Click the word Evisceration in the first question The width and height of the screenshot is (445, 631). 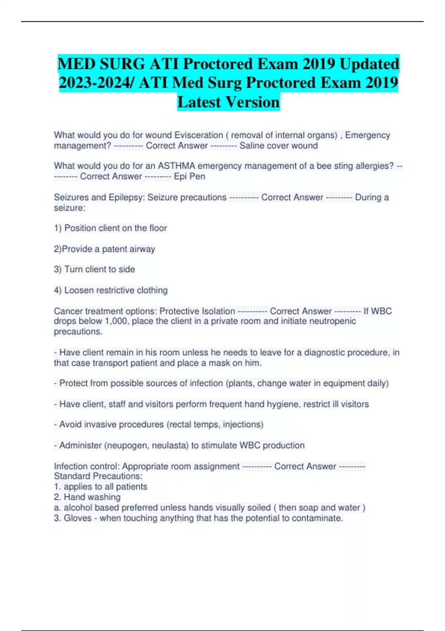click(x=199, y=135)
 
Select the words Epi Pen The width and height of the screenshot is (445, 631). click(x=189, y=176)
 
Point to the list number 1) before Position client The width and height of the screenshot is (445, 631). click(x=57, y=228)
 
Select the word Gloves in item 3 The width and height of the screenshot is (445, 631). click(x=78, y=518)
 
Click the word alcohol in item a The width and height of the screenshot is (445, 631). click(x=78, y=507)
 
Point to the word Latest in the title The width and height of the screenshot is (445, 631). click(x=199, y=102)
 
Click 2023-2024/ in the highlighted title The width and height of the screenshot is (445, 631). click(x=97, y=83)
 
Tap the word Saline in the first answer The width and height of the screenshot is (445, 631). click(x=252, y=146)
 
